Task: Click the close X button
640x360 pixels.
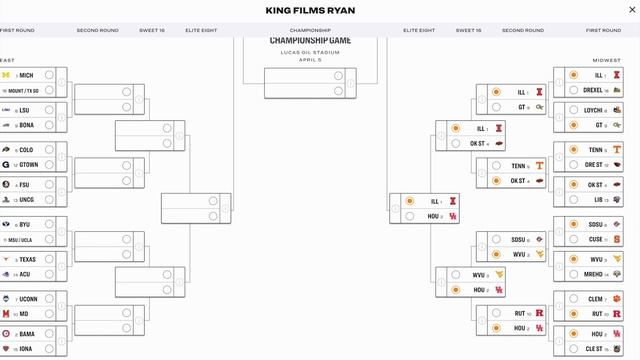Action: coord(617,11)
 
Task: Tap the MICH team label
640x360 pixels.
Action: coord(26,75)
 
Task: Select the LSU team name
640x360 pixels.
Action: coord(25,110)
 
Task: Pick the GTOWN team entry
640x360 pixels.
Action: coord(29,164)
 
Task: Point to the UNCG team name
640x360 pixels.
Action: coord(28,199)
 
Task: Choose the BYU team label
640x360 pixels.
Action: coord(25,224)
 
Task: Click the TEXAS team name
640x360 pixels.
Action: coord(27,259)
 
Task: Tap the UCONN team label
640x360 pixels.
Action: coord(28,299)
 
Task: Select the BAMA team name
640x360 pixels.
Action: coord(27,333)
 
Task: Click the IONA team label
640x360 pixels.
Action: coord(26,348)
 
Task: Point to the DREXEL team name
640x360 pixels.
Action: coord(593,90)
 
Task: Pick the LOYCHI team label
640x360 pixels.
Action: coord(593,110)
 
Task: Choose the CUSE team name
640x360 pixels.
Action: coord(595,239)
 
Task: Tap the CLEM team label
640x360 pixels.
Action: coord(595,299)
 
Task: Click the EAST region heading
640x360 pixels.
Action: coord(7,59)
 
